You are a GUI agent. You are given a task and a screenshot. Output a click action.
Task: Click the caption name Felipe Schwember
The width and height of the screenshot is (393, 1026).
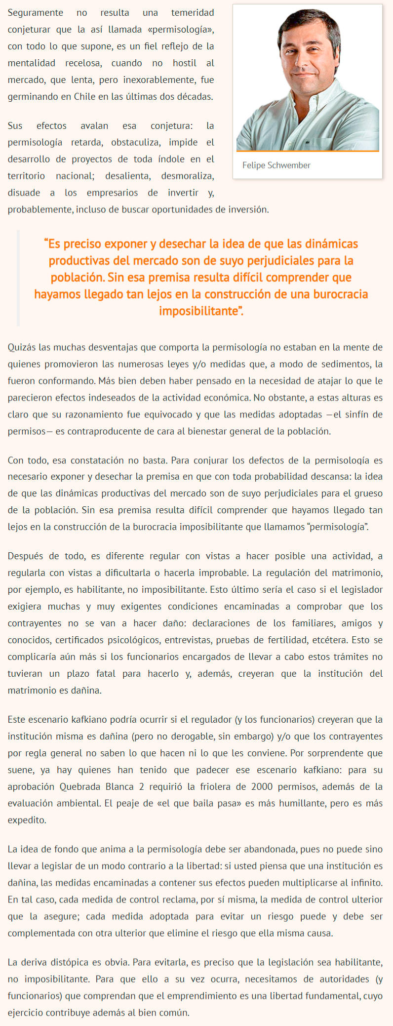pyautogui.click(x=276, y=165)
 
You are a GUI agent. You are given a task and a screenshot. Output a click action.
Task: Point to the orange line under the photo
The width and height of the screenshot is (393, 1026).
pyautogui.click(x=307, y=151)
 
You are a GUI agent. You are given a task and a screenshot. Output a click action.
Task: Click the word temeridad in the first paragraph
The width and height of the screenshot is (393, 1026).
pyautogui.click(x=192, y=12)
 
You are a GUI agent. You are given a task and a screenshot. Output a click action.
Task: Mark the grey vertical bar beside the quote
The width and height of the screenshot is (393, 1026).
pyautogui.click(x=18, y=278)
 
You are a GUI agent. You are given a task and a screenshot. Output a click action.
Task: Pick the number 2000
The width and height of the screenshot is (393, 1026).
pyautogui.click(x=262, y=786)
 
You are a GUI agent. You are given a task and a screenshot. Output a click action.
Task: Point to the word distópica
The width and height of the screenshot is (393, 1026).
pyautogui.click(x=67, y=962)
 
